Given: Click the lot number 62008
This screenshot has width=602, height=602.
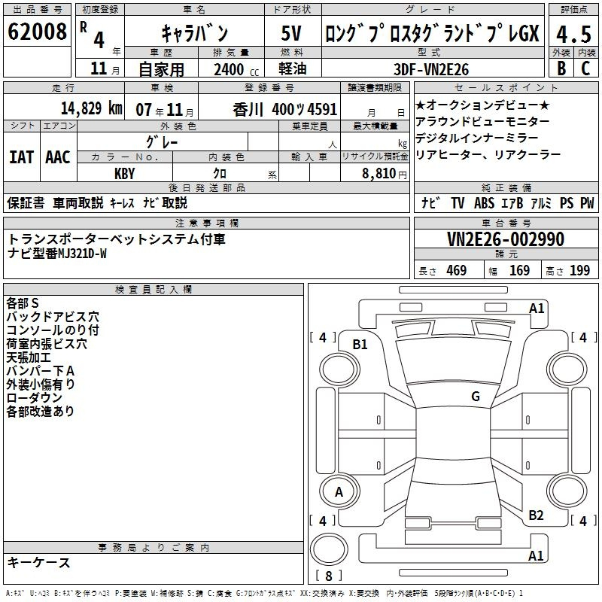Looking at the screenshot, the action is click(x=37, y=32).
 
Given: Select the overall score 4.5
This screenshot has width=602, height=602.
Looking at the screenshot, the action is click(x=573, y=34).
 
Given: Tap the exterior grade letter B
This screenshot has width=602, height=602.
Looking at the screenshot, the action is click(x=561, y=68).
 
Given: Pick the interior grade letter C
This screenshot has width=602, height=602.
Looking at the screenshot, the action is click(x=585, y=68).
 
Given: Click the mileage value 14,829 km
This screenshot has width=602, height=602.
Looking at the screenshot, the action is click(x=92, y=108).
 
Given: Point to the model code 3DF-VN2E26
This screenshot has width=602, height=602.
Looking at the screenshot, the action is click(x=431, y=69).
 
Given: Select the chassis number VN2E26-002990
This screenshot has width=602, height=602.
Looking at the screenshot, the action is click(x=506, y=239).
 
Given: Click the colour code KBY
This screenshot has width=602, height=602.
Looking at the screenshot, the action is click(x=124, y=174).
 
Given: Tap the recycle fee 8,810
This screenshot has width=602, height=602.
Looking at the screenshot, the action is click(x=379, y=174).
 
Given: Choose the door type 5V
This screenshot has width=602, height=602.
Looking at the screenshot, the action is click(x=291, y=33).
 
